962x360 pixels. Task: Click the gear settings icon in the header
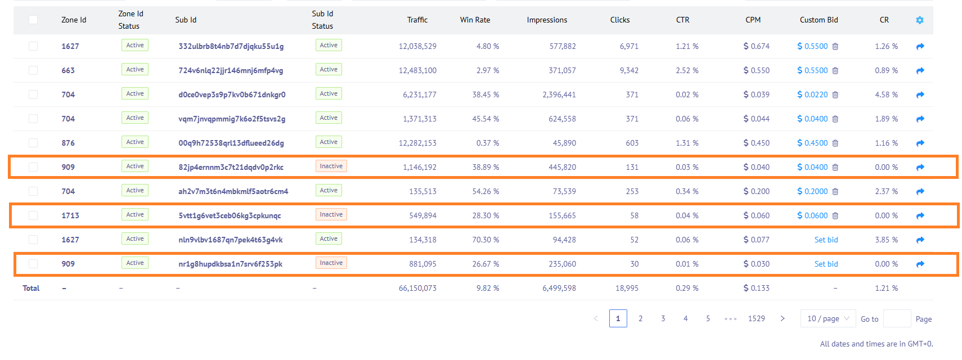[920, 20]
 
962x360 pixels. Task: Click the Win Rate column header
[475, 20]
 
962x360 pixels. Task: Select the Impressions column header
[547, 20]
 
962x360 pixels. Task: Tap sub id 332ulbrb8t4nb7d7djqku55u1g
[231, 46]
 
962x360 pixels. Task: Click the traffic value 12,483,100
[417, 70]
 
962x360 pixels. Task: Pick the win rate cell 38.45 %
[486, 94]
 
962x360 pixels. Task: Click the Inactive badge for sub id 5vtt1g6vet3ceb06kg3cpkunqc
[331, 215]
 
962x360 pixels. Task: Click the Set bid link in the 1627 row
[826, 240]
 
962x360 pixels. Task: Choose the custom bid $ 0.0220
[812, 94]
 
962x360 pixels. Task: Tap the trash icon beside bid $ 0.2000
[835, 191]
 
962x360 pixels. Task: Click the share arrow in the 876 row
[920, 143]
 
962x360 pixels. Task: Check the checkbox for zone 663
[33, 70]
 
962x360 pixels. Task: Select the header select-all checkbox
[33, 20]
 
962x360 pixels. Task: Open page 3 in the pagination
[663, 318]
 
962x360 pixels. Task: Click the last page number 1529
[756, 318]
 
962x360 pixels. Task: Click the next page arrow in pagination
[783, 318]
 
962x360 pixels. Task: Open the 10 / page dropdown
[828, 318]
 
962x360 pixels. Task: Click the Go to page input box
[897, 318]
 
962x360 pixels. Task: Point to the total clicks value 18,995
[627, 288]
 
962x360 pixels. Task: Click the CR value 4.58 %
[886, 94]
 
